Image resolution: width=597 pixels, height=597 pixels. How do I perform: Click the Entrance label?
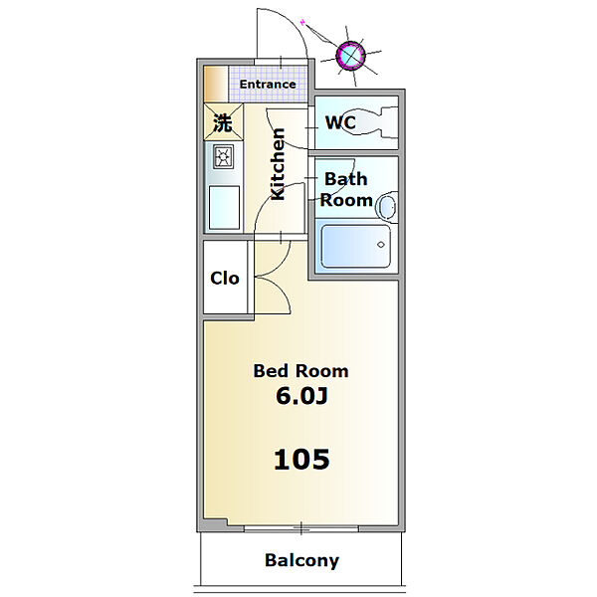click(268, 85)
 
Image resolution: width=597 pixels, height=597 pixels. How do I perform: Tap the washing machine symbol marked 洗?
click(223, 122)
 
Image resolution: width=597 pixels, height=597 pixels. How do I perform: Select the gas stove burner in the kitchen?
click(223, 156)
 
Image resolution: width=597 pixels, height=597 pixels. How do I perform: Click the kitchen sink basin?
click(224, 208)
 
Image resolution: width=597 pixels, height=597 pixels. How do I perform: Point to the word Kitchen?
click(278, 164)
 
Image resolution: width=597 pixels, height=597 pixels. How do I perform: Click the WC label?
click(340, 122)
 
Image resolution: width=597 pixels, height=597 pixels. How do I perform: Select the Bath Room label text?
click(346, 190)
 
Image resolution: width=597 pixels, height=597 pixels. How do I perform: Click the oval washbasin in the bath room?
click(387, 208)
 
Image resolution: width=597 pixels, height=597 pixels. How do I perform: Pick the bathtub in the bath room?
click(356, 246)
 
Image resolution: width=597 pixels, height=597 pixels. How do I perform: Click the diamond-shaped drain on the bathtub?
click(381, 245)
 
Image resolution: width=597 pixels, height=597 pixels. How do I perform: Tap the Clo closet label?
click(225, 279)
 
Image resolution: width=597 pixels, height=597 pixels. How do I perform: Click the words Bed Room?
click(300, 371)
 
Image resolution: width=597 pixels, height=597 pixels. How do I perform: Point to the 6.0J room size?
click(301, 396)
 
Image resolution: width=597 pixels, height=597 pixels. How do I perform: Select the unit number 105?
click(301, 459)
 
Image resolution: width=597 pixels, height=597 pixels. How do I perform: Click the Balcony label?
click(301, 560)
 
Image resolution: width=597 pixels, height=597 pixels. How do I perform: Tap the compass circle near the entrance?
click(350, 56)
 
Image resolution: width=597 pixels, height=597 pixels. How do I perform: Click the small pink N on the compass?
click(302, 22)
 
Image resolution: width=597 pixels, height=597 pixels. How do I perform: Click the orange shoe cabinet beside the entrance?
click(216, 85)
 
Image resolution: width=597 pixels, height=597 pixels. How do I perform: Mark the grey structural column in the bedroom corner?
click(213, 524)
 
